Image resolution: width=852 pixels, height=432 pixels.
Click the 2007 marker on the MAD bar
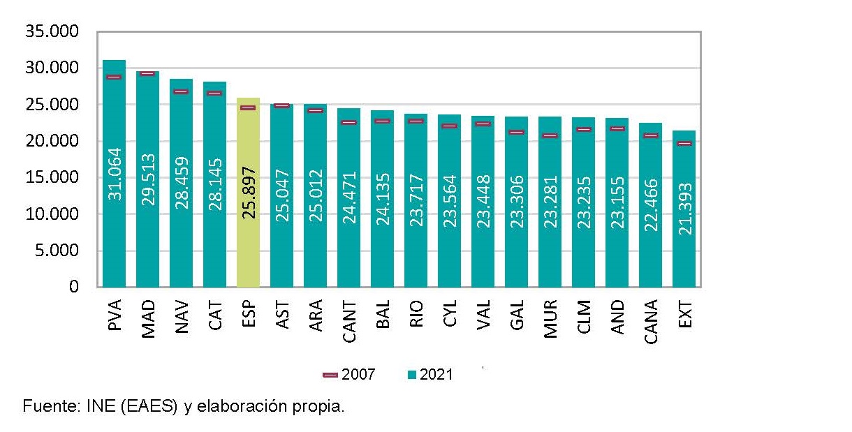pos(147,73)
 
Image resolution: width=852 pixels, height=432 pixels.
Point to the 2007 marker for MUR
pos(550,135)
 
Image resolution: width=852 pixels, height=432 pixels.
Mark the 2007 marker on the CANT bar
pos(348,122)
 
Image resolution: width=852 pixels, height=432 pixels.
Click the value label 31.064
pos(115,173)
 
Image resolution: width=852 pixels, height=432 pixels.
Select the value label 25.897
pos(249,193)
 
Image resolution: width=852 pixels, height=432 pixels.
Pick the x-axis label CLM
pos(584,318)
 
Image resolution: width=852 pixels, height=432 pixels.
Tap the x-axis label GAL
pos(517,317)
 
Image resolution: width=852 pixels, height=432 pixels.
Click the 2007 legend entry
pos(349,375)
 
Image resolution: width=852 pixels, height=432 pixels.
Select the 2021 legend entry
pos(430,375)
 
